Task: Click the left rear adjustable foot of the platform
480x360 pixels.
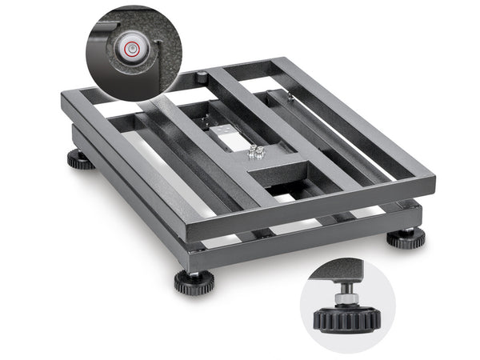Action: click(80, 159)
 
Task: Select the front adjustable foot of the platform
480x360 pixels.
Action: click(194, 282)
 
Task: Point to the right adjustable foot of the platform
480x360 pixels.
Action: click(406, 238)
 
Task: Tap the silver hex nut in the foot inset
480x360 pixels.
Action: click(345, 297)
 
